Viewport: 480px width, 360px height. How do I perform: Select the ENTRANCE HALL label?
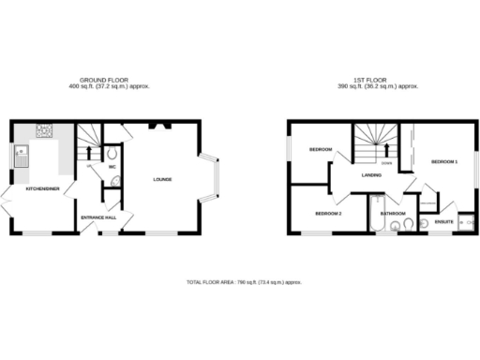98,217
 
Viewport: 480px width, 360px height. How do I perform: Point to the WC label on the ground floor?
112,168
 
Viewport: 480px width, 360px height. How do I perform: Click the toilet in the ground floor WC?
112,152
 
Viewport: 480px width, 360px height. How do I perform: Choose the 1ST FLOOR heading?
379,81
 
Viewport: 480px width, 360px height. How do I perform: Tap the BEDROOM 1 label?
443,162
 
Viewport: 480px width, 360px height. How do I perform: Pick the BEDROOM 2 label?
327,214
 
